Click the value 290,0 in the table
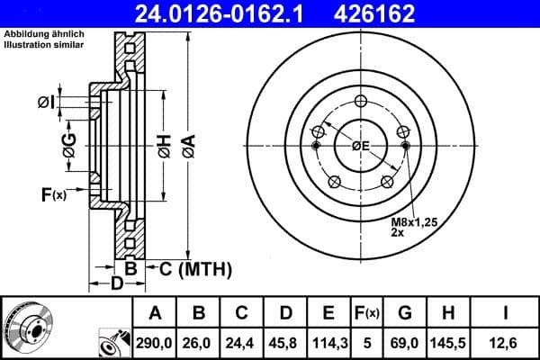pyautogui.click(x=155, y=343)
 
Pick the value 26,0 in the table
pyautogui.click(x=198, y=343)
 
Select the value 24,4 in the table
pyautogui.click(x=241, y=343)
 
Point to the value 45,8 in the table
pyautogui.click(x=284, y=343)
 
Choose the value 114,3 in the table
pyautogui.click(x=328, y=343)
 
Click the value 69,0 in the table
pyautogui.click(x=406, y=343)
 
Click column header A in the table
pyautogui.click(x=155, y=313)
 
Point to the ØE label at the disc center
pyautogui.click(x=361, y=146)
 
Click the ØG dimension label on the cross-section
pyautogui.click(x=69, y=141)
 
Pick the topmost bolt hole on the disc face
pyautogui.click(x=361, y=101)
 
